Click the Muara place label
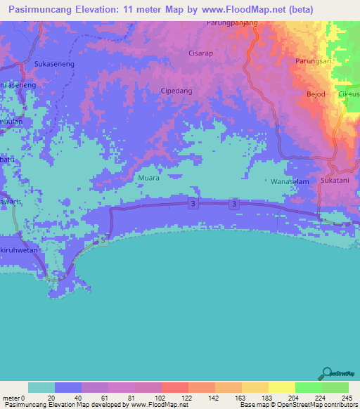(149, 178)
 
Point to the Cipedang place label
(176, 91)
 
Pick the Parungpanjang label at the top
(232, 22)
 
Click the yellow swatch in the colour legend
(281, 387)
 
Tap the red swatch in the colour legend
(174, 387)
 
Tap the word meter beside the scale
(11, 379)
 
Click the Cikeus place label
(349, 93)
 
